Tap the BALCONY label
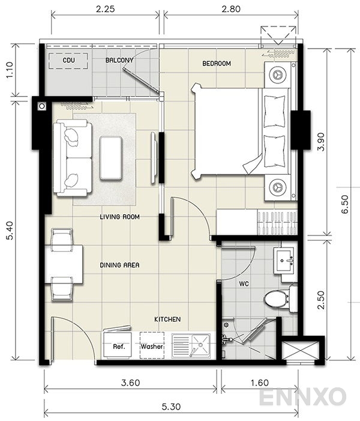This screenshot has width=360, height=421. [119, 61]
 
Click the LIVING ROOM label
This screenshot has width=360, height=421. [119, 217]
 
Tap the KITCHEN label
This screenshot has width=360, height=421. [167, 320]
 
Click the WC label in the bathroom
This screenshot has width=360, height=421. [244, 282]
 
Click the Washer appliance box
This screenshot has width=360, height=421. [152, 346]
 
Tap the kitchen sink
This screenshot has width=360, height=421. [191, 345]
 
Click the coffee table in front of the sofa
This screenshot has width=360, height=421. [112, 157]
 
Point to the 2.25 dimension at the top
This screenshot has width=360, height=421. [105, 9]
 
